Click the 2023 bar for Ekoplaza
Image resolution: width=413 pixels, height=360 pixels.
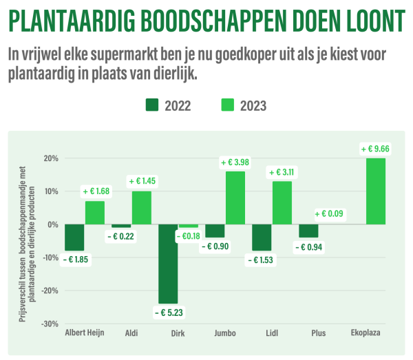[x=376, y=191]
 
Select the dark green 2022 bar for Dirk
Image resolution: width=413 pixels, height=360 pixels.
[x=168, y=264]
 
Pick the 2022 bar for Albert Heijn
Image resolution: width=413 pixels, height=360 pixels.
[x=74, y=237]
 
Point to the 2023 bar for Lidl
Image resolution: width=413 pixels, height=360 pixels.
[x=282, y=202]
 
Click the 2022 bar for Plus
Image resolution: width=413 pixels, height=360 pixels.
[x=308, y=231]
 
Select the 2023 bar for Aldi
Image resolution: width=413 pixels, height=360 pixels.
[x=142, y=207]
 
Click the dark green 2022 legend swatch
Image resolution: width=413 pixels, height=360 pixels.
[x=152, y=105]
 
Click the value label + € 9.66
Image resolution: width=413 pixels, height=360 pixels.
[x=375, y=148]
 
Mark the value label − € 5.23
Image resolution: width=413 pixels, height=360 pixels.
[x=167, y=313]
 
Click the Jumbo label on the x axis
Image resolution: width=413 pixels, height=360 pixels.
[x=225, y=333]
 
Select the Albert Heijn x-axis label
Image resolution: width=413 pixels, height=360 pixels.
[x=84, y=333]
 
